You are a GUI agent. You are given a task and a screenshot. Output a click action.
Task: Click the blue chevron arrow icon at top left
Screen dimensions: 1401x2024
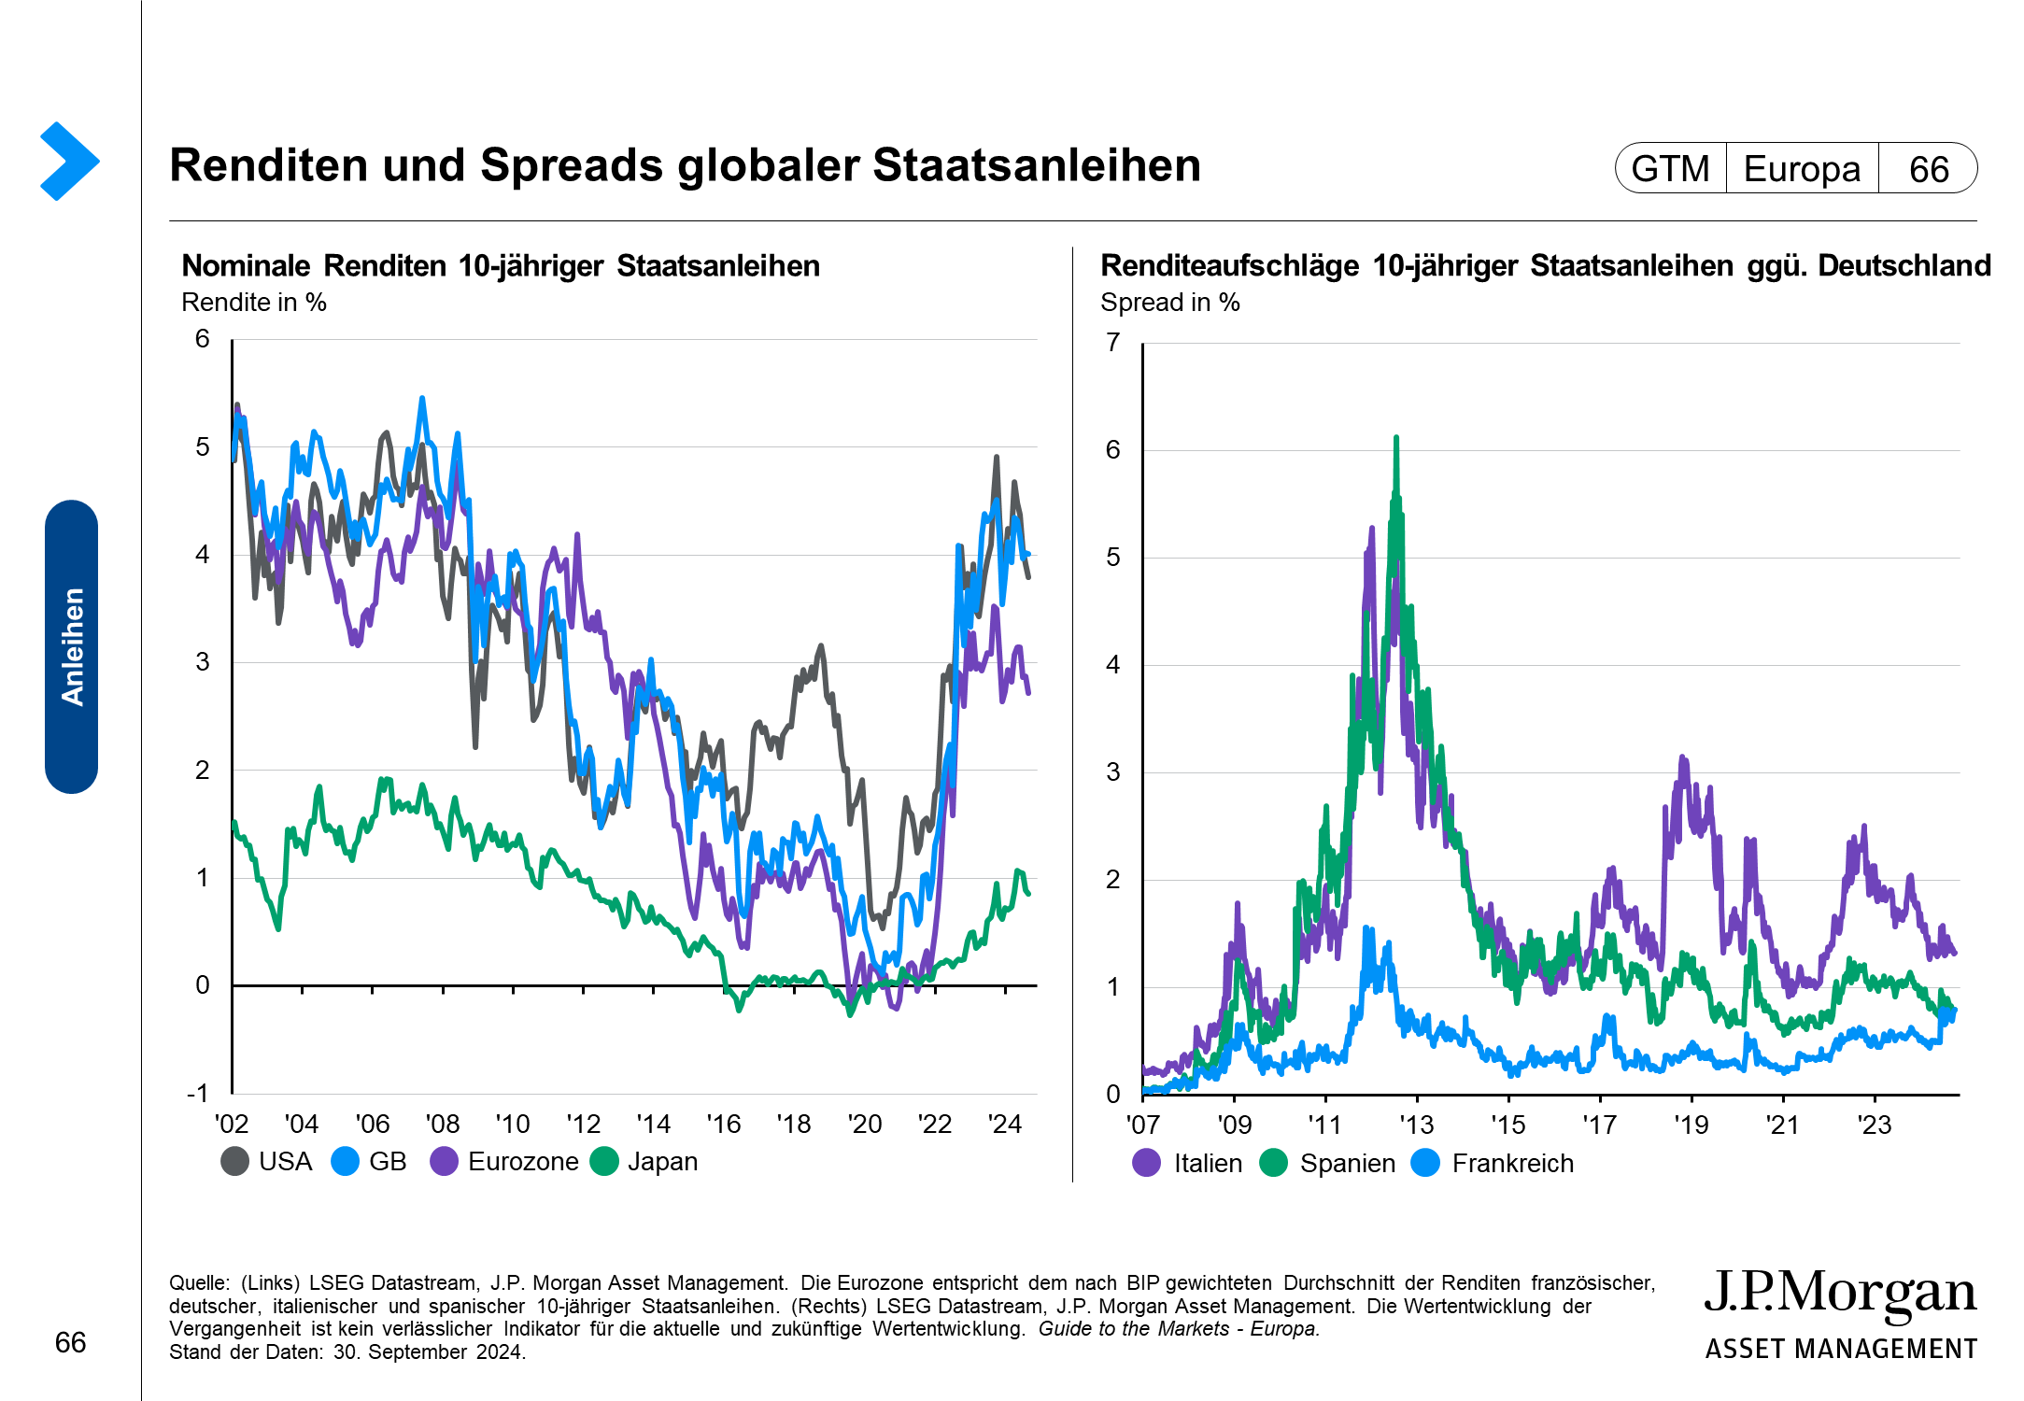pyautogui.click(x=69, y=161)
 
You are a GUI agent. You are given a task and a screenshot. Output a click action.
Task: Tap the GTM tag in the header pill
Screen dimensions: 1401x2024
pyautogui.click(x=1670, y=169)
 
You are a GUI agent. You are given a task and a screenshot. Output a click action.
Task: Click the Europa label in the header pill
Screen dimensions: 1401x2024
pyautogui.click(x=1802, y=169)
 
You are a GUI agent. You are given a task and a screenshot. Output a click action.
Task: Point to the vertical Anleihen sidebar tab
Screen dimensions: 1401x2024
pyautogui.click(x=72, y=646)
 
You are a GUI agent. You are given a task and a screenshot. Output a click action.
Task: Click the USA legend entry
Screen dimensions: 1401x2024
pyautogui.click(x=267, y=1162)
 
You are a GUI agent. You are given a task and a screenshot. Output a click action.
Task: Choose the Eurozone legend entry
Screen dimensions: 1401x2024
pyautogui.click(x=504, y=1162)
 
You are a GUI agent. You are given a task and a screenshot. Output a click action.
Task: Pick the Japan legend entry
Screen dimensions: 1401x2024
pyautogui.click(x=644, y=1162)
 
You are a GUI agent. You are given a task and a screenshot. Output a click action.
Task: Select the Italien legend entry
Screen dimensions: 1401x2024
pyautogui.click(x=1188, y=1164)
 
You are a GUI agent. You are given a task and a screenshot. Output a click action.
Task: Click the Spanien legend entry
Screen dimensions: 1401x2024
pyautogui.click(x=1328, y=1164)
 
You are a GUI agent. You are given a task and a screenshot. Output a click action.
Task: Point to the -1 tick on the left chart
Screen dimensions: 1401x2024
pyautogui.click(x=198, y=1093)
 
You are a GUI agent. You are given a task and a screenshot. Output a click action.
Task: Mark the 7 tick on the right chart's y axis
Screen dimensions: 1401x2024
pyautogui.click(x=1112, y=343)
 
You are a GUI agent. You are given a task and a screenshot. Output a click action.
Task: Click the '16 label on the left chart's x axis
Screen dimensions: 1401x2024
pyautogui.click(x=723, y=1124)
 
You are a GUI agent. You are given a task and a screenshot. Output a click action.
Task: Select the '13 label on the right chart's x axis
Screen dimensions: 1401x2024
pyautogui.click(x=1416, y=1125)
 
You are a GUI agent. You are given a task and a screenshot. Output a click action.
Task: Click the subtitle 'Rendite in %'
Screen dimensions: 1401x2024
pyautogui.click(x=254, y=303)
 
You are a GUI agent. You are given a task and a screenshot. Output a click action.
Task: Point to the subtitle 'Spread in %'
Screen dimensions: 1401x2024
pyautogui.click(x=1170, y=303)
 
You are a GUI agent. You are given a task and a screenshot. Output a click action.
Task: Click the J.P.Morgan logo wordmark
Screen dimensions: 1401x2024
pyautogui.click(x=1840, y=1295)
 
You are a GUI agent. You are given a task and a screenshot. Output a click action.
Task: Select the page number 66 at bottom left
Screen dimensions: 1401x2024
pyautogui.click(x=71, y=1342)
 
